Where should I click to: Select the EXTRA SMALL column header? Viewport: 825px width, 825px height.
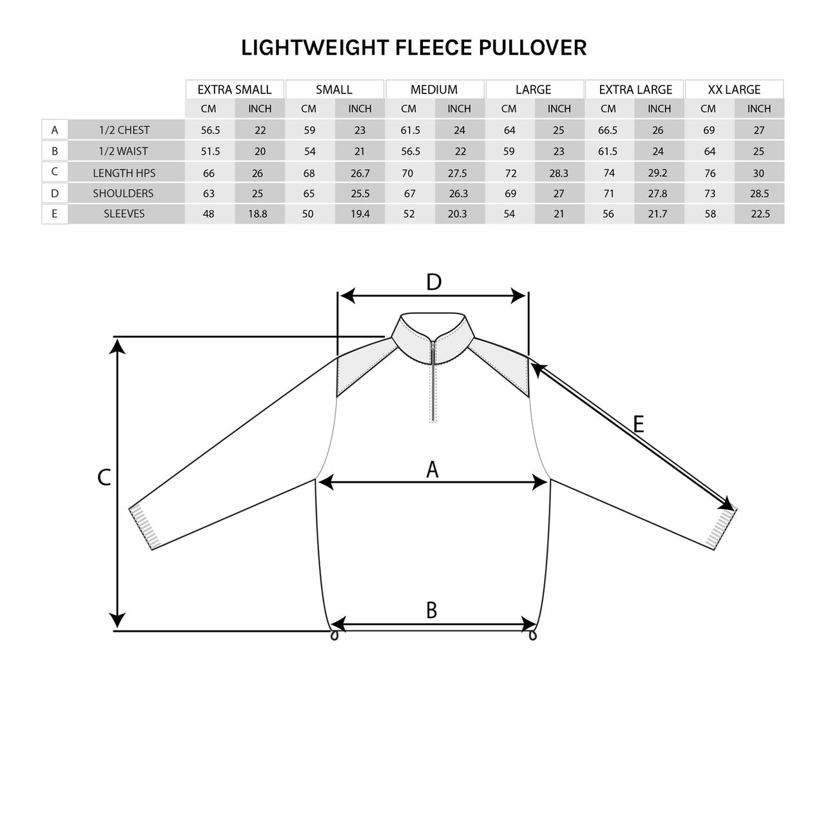point(235,90)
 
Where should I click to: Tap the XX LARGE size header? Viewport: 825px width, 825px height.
point(734,90)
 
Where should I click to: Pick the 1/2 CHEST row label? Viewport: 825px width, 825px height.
point(124,130)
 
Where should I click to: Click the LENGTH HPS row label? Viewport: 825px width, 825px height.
point(124,173)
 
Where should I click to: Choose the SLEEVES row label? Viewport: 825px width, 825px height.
point(124,213)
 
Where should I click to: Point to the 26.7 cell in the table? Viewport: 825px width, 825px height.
point(360,173)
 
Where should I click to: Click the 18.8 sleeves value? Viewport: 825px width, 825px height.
point(257,213)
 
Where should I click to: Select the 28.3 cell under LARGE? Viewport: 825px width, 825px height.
point(559,173)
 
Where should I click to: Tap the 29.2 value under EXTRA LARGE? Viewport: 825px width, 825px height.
point(658,173)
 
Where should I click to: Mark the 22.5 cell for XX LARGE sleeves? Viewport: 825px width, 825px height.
point(760,213)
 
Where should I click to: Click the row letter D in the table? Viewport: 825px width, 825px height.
point(55,193)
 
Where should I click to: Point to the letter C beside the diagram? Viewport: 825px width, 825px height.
point(104,478)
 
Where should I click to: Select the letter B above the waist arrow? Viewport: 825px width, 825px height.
point(432,610)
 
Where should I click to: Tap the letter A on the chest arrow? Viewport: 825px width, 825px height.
point(432,470)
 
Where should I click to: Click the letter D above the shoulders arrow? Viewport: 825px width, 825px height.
point(434,282)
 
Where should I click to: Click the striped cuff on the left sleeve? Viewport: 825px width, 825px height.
point(144,527)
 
